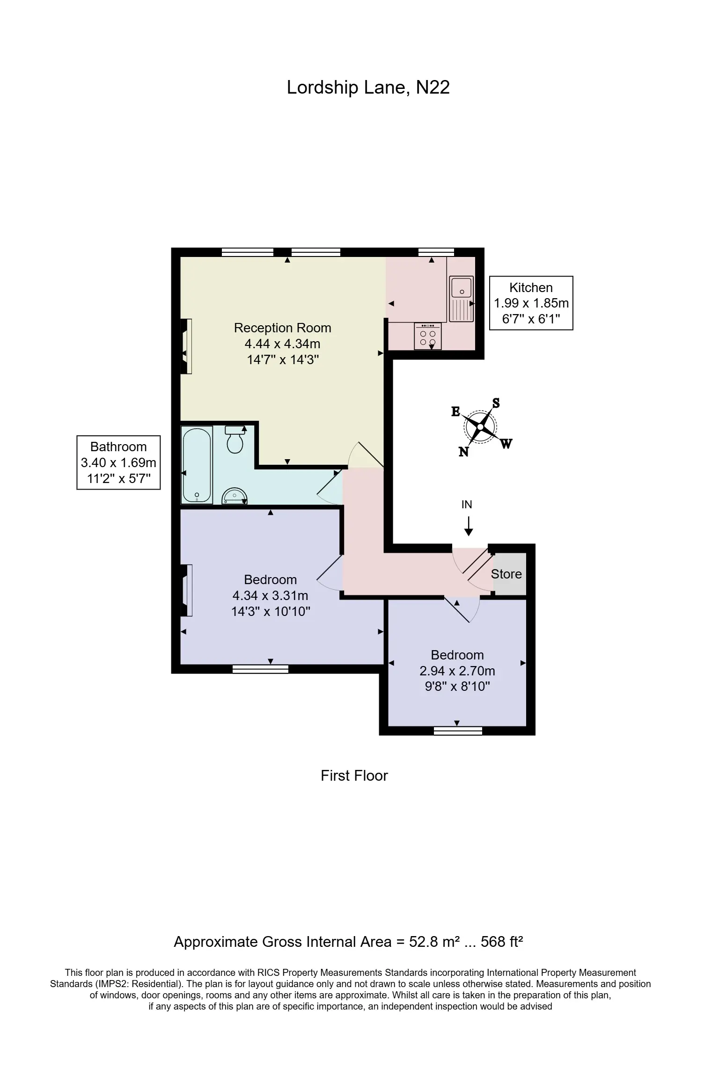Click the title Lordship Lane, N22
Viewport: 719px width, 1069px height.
coord(368,88)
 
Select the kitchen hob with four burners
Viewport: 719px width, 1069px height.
coord(427,336)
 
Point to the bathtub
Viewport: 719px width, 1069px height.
coord(197,464)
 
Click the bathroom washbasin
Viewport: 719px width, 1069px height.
coord(235,495)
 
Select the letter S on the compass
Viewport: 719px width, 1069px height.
coord(496,403)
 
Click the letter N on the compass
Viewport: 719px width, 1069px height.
coord(463,452)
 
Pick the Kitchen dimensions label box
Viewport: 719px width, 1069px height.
coord(531,303)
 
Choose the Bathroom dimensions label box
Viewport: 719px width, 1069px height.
coord(118,462)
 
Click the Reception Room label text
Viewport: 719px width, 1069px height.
coord(283,328)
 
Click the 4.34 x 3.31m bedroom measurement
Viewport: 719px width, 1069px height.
coord(271,595)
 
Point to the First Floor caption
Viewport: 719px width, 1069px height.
coord(354,776)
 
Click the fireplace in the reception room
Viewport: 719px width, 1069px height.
coord(186,346)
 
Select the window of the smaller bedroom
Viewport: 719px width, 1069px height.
coord(458,731)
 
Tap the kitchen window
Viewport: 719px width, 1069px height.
coord(436,252)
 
